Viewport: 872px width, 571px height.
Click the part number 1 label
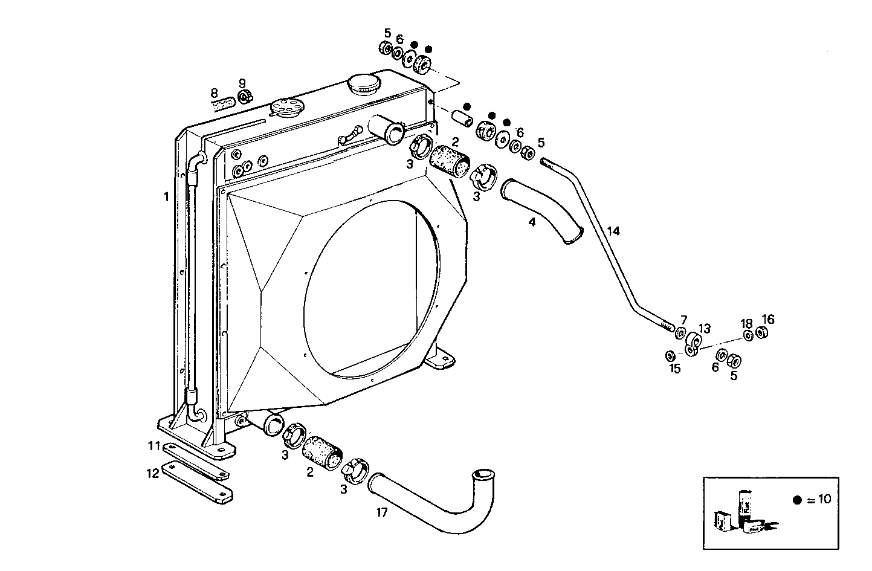click(x=166, y=196)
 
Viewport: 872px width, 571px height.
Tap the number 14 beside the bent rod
click(x=613, y=231)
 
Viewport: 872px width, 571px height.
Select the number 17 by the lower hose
click(x=381, y=512)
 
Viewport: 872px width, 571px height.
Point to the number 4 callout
click(x=532, y=222)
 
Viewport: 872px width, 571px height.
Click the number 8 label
click(x=214, y=93)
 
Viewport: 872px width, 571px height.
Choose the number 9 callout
click(x=242, y=83)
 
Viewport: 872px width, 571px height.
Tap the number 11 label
click(x=154, y=446)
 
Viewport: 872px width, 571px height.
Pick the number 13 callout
click(x=705, y=329)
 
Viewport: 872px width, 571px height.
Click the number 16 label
click(x=768, y=319)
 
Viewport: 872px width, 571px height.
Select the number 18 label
click(x=747, y=323)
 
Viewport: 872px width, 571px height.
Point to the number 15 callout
click(x=674, y=369)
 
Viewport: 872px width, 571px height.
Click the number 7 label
click(x=683, y=319)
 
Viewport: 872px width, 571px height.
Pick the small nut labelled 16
click(x=762, y=333)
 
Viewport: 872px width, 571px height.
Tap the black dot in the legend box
click(x=797, y=500)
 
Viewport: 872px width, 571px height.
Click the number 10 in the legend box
click(x=824, y=500)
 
